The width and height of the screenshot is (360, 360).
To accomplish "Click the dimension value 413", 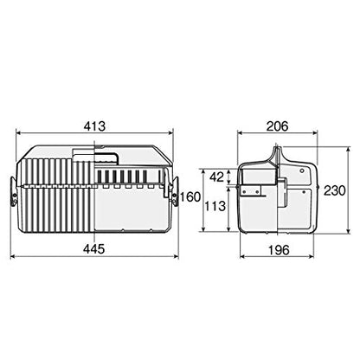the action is (x=95, y=126).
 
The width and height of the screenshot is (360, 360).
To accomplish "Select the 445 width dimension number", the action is (x=94, y=249).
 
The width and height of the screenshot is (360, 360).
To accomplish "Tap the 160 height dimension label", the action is (x=190, y=197).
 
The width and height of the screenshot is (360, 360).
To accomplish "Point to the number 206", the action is (x=277, y=126).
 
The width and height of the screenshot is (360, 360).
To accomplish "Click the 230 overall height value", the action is (x=334, y=190).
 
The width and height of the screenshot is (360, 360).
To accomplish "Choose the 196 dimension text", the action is (x=278, y=250).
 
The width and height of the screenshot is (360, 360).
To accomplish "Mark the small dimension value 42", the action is (x=216, y=177).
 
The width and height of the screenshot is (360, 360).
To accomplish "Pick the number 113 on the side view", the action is (x=215, y=206).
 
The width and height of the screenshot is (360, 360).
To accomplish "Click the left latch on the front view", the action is (x=14, y=192).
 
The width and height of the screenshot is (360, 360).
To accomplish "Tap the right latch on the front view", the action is (x=175, y=192).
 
